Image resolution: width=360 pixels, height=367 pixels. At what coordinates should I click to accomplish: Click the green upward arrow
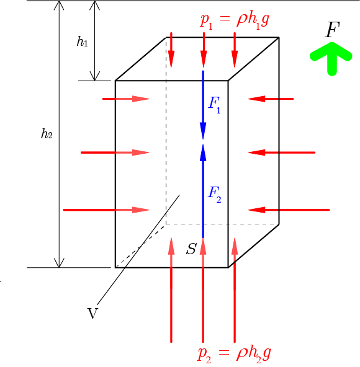click(x=332, y=59)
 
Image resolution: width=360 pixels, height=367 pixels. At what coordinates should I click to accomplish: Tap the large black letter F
click(x=333, y=30)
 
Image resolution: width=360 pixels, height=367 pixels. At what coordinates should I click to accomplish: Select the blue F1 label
click(x=215, y=105)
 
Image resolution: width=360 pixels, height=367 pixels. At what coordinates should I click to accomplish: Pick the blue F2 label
click(x=215, y=195)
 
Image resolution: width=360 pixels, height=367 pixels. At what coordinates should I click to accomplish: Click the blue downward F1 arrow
click(x=203, y=105)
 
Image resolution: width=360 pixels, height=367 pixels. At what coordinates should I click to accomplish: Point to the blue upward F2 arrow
click(x=203, y=191)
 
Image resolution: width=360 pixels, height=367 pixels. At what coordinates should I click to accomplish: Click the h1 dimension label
click(x=83, y=42)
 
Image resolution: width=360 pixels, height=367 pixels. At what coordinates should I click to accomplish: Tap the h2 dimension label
click(x=47, y=134)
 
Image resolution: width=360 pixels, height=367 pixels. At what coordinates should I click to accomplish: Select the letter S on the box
click(x=191, y=249)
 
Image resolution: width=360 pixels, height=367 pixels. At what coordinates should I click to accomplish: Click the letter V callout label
click(x=92, y=313)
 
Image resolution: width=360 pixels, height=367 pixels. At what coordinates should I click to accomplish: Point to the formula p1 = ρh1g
click(x=235, y=20)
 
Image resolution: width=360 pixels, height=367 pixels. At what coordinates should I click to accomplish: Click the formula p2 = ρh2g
click(x=234, y=355)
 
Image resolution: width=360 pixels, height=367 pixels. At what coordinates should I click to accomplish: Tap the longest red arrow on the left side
click(x=106, y=210)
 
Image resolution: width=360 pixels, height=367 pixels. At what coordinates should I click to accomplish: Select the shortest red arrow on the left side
click(x=126, y=99)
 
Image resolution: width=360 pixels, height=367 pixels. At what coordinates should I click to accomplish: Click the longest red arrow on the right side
click(x=289, y=210)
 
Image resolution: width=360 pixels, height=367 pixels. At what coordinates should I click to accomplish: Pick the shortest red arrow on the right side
click(x=271, y=99)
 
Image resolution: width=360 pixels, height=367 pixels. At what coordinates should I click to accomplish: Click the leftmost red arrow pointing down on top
click(x=171, y=50)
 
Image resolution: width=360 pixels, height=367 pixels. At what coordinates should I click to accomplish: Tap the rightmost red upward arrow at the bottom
click(x=235, y=290)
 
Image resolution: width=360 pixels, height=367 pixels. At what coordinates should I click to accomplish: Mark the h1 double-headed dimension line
click(x=95, y=41)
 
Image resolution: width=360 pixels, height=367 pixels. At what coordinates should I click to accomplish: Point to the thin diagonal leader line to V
click(x=138, y=249)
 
